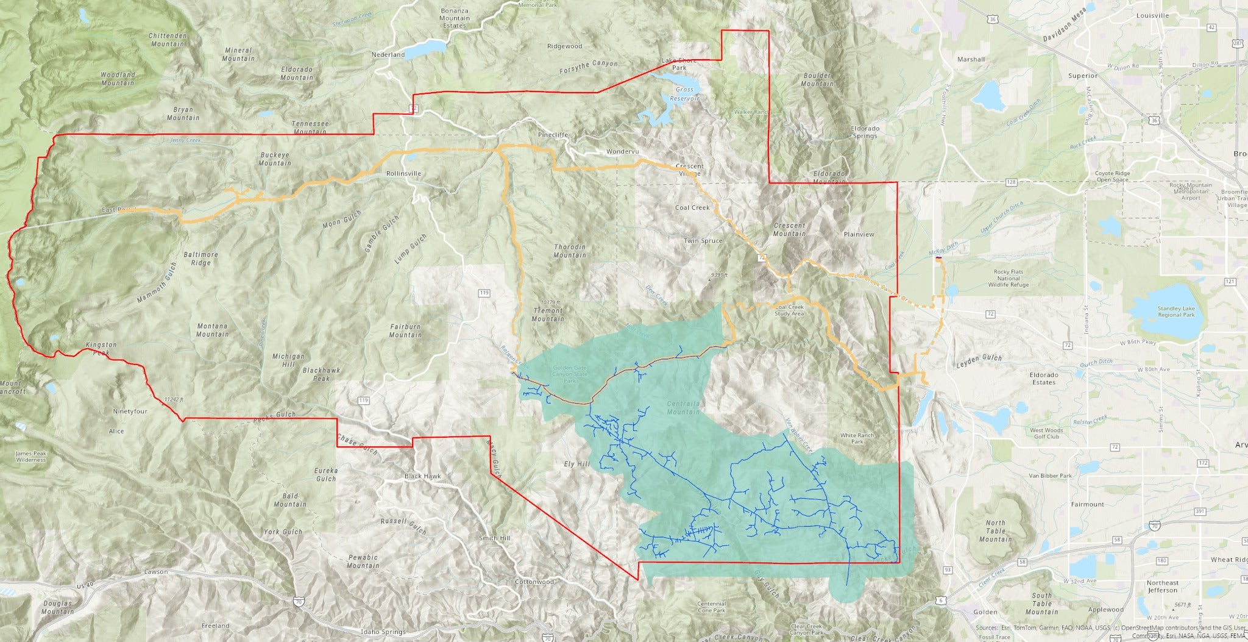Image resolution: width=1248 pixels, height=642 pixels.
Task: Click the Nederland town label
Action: pyautogui.click(x=388, y=55)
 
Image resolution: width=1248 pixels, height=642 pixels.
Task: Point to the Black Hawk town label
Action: pyautogui.click(x=422, y=476)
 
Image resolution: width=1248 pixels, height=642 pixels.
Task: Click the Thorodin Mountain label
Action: pyautogui.click(x=570, y=251)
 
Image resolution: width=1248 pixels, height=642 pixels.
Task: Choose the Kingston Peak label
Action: pyautogui.click(x=101, y=349)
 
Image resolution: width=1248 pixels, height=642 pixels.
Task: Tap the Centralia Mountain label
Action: pyautogui.click(x=684, y=407)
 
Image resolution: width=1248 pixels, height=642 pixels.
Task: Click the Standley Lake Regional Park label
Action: pyautogui.click(x=1175, y=312)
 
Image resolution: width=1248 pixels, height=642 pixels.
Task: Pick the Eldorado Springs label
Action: pyautogui.click(x=865, y=132)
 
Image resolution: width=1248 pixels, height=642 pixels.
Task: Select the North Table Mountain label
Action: pyautogui.click(x=995, y=531)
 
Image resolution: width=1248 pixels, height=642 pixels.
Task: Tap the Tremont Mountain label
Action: pyautogui.click(x=548, y=315)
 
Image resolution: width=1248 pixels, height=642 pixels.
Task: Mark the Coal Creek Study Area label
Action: pyautogui.click(x=789, y=310)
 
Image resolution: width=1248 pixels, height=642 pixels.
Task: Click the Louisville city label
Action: pyautogui.click(x=1152, y=15)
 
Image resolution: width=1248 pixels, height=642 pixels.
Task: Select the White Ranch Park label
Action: pyautogui.click(x=857, y=438)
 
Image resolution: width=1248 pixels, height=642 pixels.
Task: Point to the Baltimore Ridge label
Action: pyautogui.click(x=200, y=259)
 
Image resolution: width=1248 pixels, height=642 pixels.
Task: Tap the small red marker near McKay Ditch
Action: pyautogui.click(x=939, y=259)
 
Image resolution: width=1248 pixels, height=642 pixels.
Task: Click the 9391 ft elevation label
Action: pyautogui.click(x=719, y=275)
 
